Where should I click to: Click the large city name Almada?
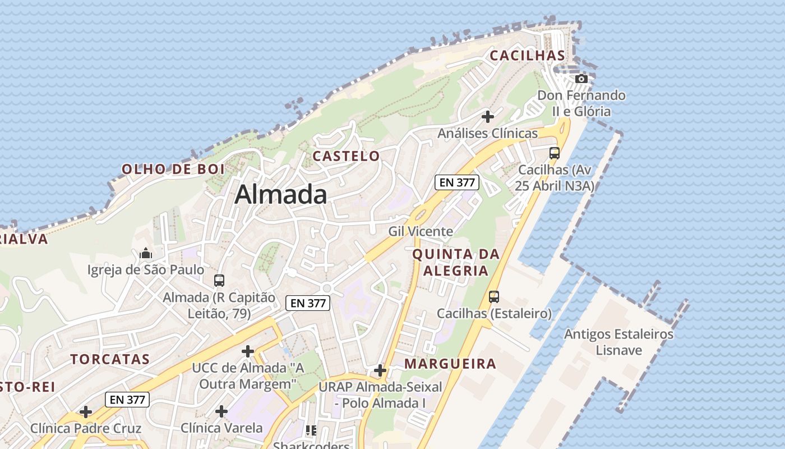coord(280,195)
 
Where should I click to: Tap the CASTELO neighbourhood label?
coord(346,156)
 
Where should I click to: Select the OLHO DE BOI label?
coord(173,169)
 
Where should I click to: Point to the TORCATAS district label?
coord(110,359)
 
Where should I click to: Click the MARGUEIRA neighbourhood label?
coord(450,364)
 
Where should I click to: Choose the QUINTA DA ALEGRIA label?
coord(456,262)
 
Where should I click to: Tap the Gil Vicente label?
coord(421,231)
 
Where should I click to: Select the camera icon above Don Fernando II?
coord(581,79)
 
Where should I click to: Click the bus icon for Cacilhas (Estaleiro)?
coord(493,296)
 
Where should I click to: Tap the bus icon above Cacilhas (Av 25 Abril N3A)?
coord(554,153)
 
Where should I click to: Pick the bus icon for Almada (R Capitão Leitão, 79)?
coord(219,280)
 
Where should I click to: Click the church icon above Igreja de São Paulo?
coord(146,253)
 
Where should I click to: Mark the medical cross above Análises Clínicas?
coord(488,117)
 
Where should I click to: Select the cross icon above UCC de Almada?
coord(247,351)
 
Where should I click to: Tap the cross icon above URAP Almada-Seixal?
coord(380,370)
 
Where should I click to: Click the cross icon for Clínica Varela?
coord(221,411)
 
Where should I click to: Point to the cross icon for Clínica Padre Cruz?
coord(86,412)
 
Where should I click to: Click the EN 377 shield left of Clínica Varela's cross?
coord(127,400)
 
